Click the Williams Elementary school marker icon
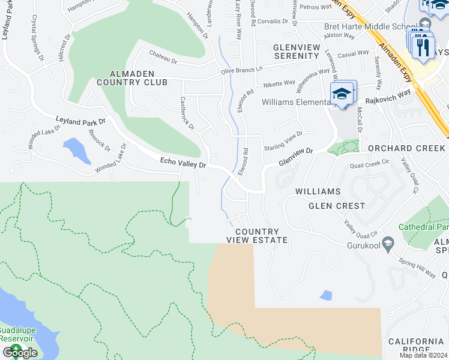(x=343, y=94)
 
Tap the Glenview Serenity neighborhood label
(x=295, y=51)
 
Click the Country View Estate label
(x=257, y=236)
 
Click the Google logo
(x=20, y=353)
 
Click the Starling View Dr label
(x=283, y=140)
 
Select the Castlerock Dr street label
(x=187, y=113)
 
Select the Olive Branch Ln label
(x=242, y=70)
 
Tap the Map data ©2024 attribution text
(x=423, y=355)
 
